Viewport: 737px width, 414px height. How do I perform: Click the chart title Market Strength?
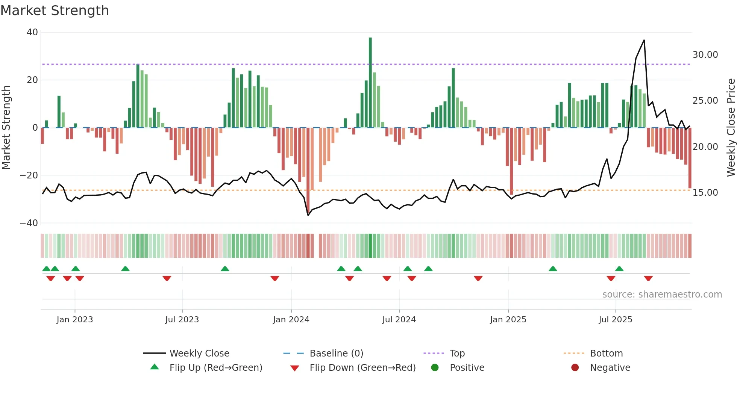(x=55, y=11)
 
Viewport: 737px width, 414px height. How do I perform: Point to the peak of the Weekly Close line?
(x=644, y=40)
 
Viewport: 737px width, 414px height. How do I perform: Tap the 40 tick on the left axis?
(x=32, y=32)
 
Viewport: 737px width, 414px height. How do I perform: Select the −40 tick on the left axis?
(x=29, y=223)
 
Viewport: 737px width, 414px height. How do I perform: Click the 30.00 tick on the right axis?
(x=705, y=55)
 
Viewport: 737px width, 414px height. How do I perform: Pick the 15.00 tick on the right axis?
(x=705, y=193)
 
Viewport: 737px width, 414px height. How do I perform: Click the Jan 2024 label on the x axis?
(x=291, y=320)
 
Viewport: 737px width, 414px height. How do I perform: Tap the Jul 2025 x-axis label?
(x=616, y=320)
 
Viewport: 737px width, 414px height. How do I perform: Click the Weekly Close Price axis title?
(x=731, y=128)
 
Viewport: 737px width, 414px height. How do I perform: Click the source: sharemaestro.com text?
(x=662, y=295)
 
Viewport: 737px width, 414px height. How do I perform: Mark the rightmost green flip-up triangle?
(x=619, y=269)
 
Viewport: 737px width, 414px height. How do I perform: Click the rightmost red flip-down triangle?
(x=648, y=278)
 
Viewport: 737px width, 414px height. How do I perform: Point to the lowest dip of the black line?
(x=308, y=215)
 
